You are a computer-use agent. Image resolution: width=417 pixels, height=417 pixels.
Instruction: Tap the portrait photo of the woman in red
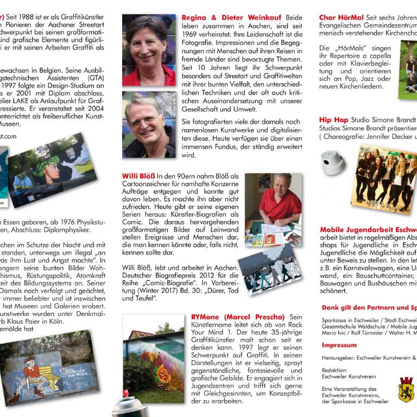pos(149,49)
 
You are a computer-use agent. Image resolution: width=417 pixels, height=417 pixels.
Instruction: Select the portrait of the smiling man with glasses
pos(149,124)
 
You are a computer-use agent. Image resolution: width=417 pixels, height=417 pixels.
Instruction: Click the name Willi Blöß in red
pos(138,176)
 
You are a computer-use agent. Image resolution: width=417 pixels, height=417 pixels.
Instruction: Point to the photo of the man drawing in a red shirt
pos(273,208)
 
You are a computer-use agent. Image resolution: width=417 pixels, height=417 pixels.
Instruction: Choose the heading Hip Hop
pos(333,119)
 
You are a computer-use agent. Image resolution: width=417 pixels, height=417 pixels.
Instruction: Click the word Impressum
pos(339,345)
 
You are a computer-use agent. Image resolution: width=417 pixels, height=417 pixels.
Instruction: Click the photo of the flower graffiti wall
pos(154,358)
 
